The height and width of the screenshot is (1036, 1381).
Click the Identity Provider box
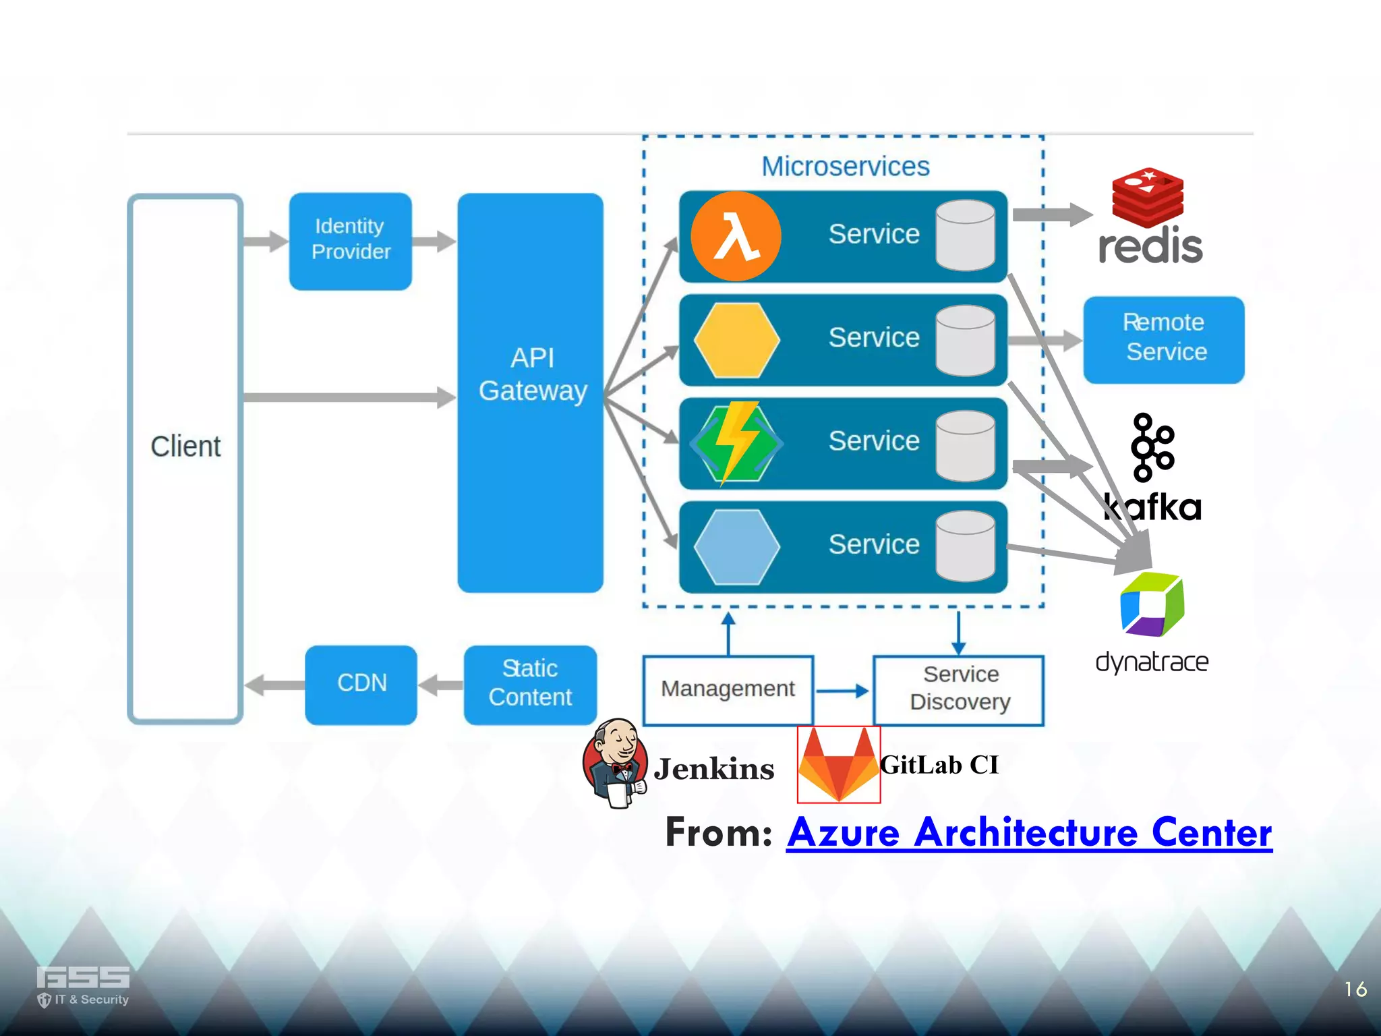point(351,241)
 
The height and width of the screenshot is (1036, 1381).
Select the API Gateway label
point(532,374)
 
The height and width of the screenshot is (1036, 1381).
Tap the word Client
point(185,447)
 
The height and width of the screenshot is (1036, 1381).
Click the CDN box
point(361,684)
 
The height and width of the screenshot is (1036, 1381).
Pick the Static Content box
point(530,684)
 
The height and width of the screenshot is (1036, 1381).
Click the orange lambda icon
point(736,236)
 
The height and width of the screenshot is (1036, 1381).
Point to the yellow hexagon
point(736,340)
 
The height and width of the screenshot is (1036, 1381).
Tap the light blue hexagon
point(736,546)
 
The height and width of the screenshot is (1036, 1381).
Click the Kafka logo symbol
point(1152,447)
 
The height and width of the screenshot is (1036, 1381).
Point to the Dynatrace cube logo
point(1152,604)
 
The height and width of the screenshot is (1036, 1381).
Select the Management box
point(728,689)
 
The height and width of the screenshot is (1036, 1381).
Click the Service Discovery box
point(959,689)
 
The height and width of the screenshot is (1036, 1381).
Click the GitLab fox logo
point(838,766)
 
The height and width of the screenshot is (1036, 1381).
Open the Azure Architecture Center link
point(1029,833)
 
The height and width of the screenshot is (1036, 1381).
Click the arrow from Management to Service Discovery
point(842,691)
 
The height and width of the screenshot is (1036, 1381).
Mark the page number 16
point(1355,989)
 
